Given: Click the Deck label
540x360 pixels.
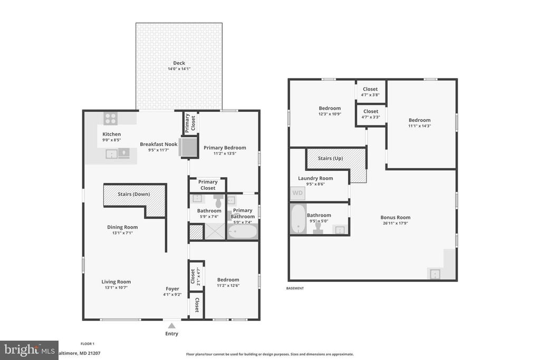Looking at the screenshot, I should pos(179,63).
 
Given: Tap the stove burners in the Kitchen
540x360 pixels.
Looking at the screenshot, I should pos(111,119).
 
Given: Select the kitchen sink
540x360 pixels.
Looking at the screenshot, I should pos(112,154).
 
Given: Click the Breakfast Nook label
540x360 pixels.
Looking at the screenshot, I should pos(158,144).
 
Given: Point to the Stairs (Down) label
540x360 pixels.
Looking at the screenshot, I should pos(133,194).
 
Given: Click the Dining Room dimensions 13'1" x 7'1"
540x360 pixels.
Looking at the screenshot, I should pos(122,233).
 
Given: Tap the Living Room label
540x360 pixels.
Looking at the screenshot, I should pos(116,281).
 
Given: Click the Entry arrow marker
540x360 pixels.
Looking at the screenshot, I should pos(171,325).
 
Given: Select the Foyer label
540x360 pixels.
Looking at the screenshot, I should pos(172,288).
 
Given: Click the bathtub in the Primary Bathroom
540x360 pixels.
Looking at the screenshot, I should pos(243,231).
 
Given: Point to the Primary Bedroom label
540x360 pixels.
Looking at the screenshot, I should pos(225,148).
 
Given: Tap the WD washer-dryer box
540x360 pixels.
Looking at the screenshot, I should pos(297,193).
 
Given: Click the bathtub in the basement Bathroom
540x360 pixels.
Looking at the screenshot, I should pos(298,219).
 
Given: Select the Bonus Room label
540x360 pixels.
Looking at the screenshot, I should pos(396,217).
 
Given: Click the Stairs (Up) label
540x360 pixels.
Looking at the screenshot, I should pos(331,158).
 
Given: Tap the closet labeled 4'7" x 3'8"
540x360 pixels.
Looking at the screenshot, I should pos(370,92).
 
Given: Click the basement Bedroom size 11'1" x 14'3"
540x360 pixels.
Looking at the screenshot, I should pos(419,126).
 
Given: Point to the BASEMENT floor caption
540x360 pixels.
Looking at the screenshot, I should pos(295,288).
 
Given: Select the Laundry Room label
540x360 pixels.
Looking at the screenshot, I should pos(315,178).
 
